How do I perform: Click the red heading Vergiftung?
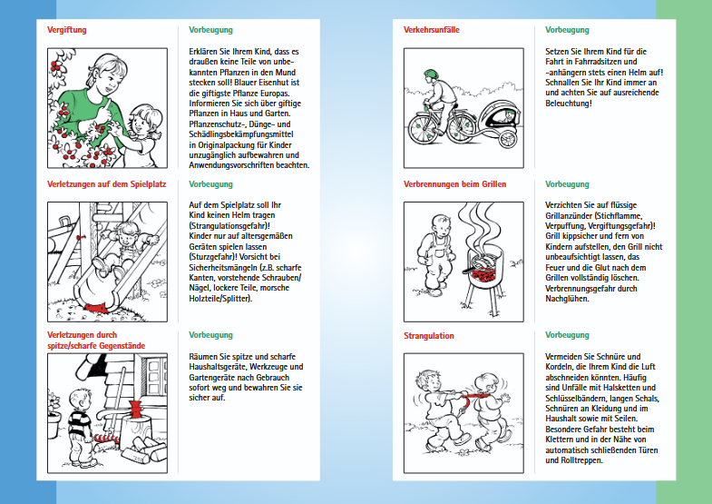(66, 30)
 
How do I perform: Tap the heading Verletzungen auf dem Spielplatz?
(106, 183)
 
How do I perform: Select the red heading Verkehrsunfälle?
(431, 30)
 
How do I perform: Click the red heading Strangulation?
(429, 335)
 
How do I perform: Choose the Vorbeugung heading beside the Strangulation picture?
(567, 335)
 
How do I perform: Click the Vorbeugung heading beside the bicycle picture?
(567, 30)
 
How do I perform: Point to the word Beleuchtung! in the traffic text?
(569, 103)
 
